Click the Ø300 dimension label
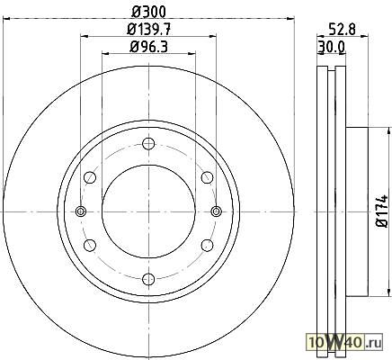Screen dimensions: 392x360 [148, 12]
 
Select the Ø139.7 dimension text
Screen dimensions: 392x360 [149, 30]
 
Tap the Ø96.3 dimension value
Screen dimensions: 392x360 [148, 47]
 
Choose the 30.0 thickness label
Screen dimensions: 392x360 [331, 47]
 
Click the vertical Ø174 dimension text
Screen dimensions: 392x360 [382, 211]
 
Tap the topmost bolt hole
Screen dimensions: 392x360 [148, 144]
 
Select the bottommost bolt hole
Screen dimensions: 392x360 [148, 279]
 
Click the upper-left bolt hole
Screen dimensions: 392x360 [90, 177]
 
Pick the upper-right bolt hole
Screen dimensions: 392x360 [207, 177]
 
